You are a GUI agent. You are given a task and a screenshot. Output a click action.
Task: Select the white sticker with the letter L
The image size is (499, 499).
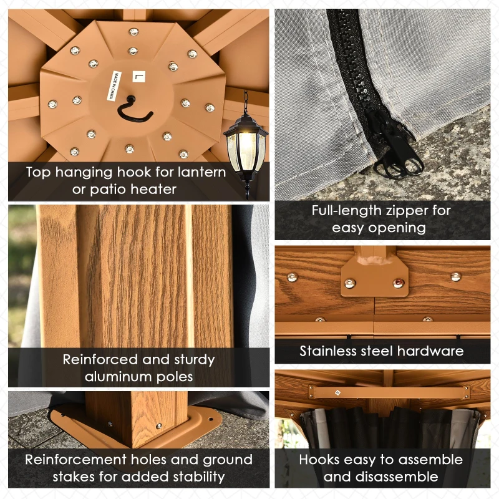pos(138,77)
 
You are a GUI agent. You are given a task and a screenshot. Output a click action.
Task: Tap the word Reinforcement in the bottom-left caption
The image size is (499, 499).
pos(75,460)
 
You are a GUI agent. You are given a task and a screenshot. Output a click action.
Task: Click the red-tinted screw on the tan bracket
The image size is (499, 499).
pos(399,283)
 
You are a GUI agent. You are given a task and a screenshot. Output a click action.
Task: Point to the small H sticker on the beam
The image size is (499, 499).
pos(337,393)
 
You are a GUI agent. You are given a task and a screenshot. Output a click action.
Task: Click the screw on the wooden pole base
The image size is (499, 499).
pos(159,425)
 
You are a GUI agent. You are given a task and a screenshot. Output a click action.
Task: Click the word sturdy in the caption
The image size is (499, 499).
pos(194,360)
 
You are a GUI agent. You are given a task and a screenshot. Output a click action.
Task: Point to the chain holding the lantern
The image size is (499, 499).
pos(245,102)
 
